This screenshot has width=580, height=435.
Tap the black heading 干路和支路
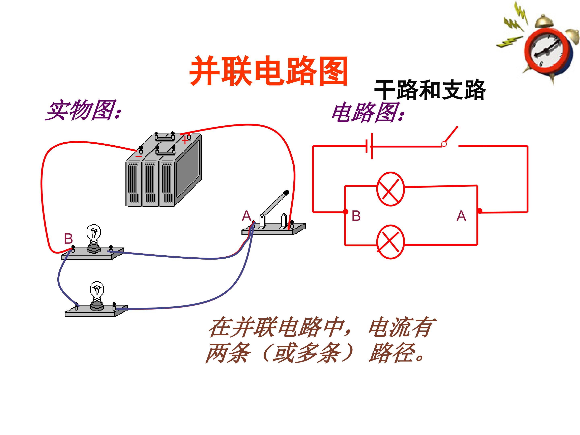(x=430, y=90)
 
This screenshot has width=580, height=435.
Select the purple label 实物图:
(x=84, y=110)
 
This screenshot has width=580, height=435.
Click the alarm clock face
(x=547, y=50)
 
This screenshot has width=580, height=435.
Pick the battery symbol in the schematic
(x=369, y=146)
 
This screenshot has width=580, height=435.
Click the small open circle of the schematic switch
(x=444, y=144)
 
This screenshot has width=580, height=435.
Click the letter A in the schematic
(x=461, y=216)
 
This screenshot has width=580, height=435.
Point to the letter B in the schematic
(x=356, y=216)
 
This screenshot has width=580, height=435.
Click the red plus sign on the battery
(x=185, y=141)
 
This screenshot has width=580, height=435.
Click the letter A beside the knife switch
(x=246, y=216)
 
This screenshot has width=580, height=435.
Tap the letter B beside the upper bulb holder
(x=68, y=239)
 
